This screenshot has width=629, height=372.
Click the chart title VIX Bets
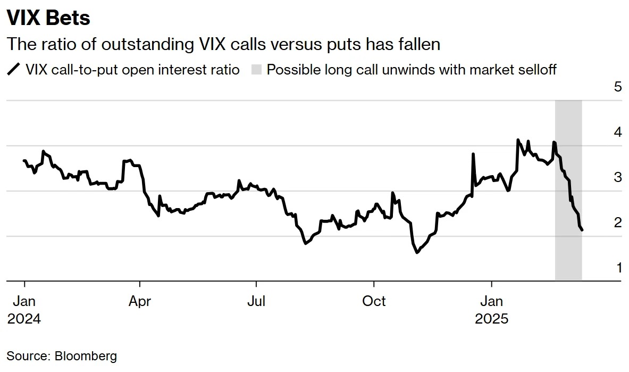click(48, 18)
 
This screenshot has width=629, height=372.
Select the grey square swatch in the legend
click(256, 70)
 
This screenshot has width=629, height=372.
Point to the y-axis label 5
click(617, 87)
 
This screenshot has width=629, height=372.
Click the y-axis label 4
click(617, 132)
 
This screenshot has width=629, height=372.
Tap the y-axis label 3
click(617, 177)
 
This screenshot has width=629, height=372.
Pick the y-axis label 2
click(617, 222)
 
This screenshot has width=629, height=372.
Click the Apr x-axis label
click(140, 301)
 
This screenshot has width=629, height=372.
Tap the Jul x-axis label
click(256, 301)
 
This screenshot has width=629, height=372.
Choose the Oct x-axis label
click(374, 301)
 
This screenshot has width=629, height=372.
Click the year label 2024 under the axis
click(24, 319)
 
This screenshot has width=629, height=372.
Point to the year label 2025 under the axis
click(492, 319)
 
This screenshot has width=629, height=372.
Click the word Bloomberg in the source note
click(86, 356)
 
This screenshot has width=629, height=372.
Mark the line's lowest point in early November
click(416, 252)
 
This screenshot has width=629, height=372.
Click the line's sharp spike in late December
click(473, 154)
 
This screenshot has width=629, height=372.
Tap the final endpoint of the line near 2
click(582, 230)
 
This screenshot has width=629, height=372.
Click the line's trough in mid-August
click(305, 243)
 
